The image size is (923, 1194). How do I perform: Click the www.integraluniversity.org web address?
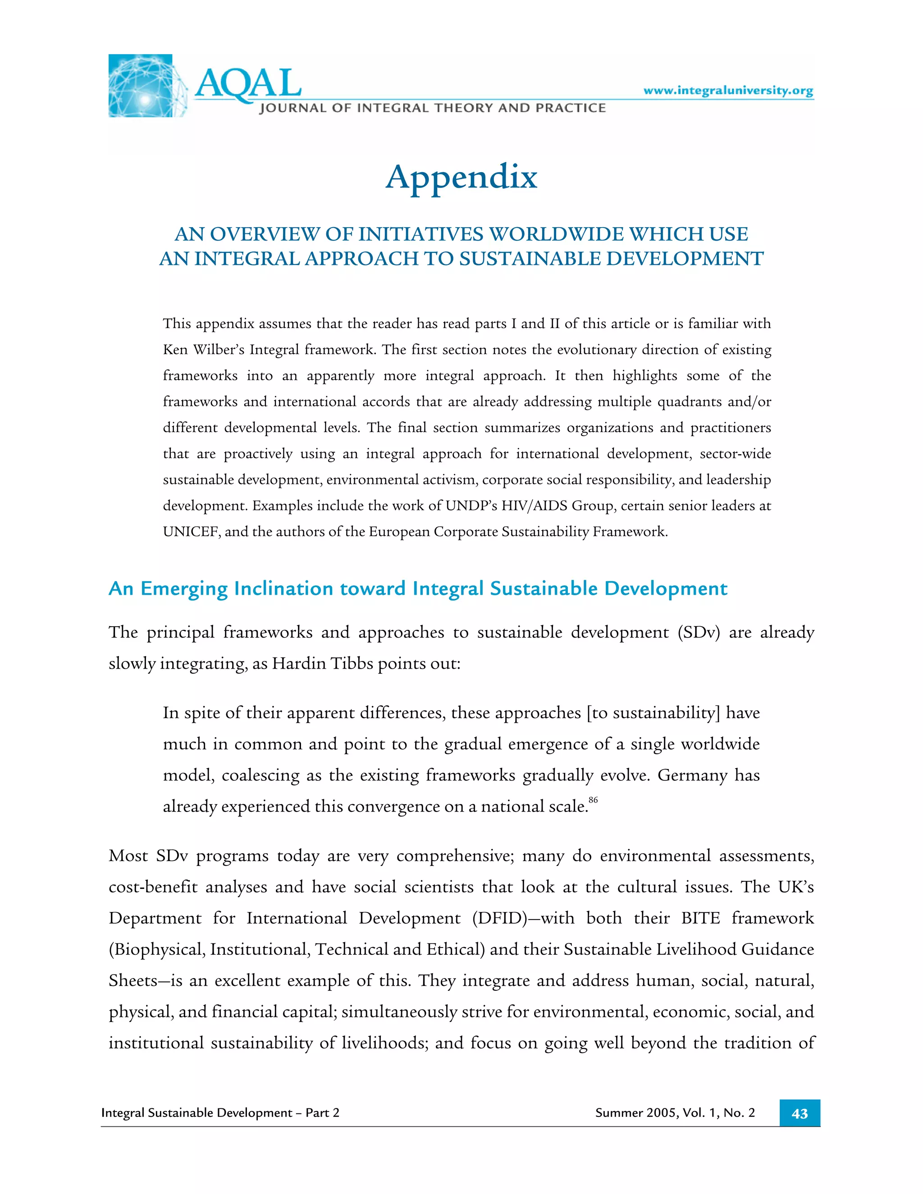(728, 90)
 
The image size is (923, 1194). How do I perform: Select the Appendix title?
(461, 177)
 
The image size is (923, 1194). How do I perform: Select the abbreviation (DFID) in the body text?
(499, 918)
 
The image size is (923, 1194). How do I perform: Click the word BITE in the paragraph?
(700, 918)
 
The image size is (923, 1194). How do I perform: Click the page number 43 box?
(799, 1114)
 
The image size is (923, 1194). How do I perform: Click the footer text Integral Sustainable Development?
(197, 1113)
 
